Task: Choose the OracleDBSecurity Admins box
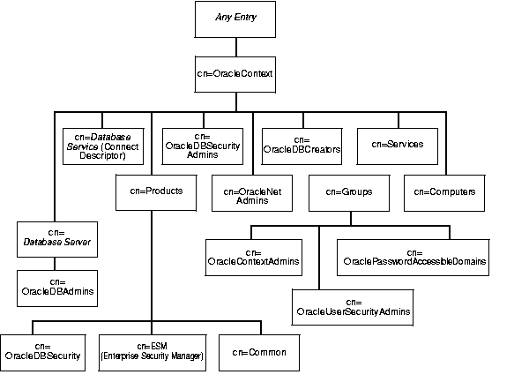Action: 201,145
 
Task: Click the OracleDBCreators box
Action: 302,145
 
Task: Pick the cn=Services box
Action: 397,145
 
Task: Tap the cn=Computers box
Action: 444,191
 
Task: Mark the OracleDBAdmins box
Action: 56,287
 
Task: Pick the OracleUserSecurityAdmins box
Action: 353,306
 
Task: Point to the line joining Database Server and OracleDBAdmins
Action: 56,262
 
